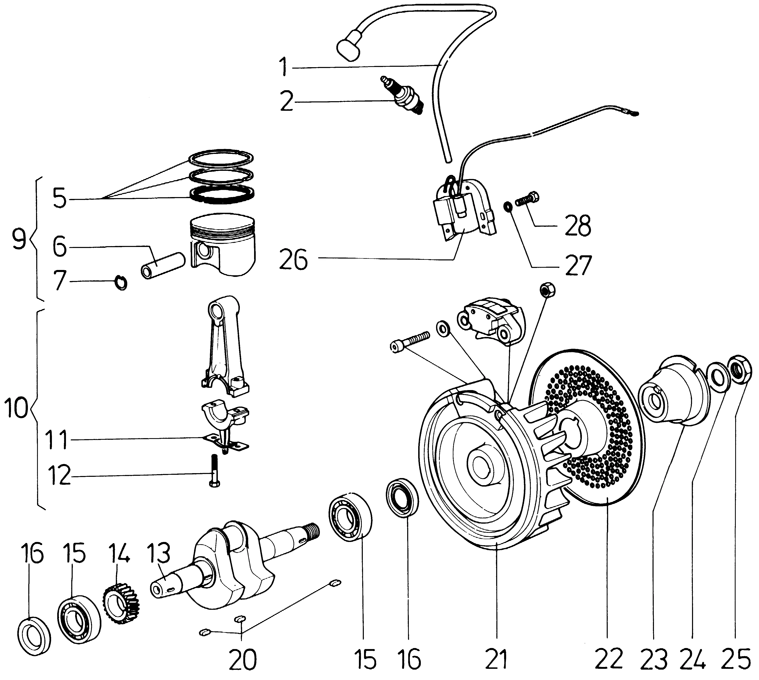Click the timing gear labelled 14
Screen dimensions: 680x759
(x=120, y=604)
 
